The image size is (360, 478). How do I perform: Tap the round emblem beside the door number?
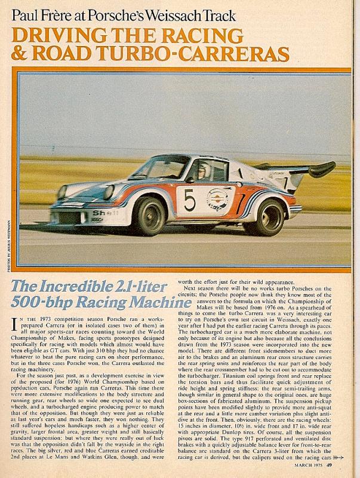220,199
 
